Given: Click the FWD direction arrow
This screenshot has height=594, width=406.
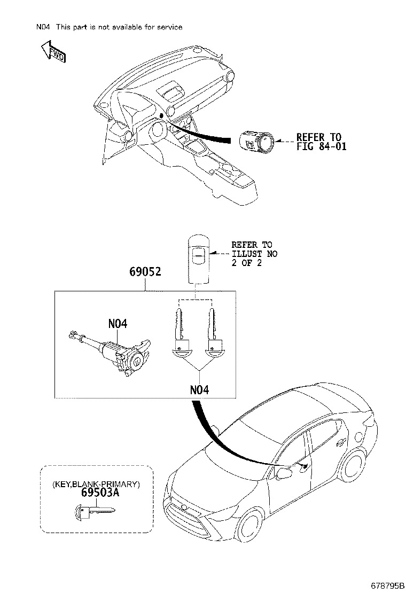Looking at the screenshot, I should pos(51,52).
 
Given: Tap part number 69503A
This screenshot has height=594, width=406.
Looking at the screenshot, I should pos(96,493).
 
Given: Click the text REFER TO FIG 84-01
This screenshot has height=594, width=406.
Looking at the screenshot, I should pos(322,142).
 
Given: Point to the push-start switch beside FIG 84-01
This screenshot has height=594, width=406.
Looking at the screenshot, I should pos(255,140).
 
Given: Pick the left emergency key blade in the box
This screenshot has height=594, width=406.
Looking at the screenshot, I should pos(180,332).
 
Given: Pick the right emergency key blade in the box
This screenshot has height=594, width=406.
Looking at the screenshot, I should pos(214,332).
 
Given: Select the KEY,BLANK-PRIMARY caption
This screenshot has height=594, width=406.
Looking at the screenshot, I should pos(96,484).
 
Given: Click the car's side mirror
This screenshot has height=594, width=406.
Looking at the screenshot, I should pos(283,473).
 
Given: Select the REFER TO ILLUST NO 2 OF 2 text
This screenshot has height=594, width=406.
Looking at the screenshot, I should pos(254,254).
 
